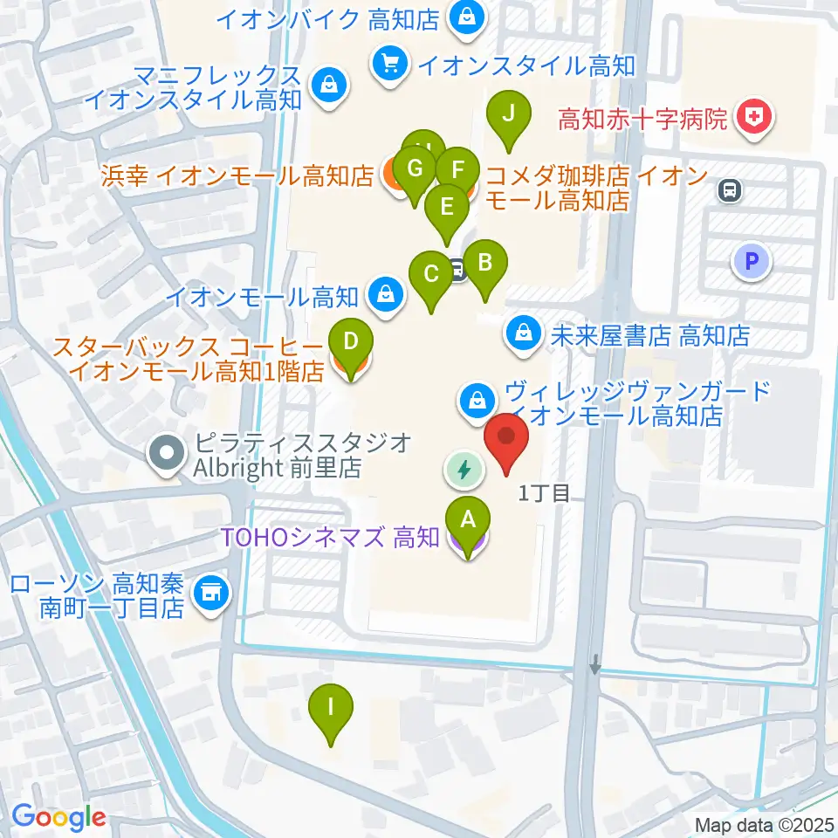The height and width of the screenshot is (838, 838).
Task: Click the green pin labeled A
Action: coord(467,521)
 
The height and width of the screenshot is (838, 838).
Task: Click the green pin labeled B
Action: coord(484,263)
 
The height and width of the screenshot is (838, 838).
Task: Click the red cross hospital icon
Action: coord(753,120)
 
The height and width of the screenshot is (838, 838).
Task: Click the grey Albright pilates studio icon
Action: coord(166,454)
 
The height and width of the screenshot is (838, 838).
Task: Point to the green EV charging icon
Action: coord(464,470)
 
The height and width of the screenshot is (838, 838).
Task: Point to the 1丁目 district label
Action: coord(544,494)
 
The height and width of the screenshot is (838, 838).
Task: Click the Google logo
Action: coord(58,817)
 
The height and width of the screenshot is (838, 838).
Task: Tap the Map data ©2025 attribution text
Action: coord(766,824)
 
